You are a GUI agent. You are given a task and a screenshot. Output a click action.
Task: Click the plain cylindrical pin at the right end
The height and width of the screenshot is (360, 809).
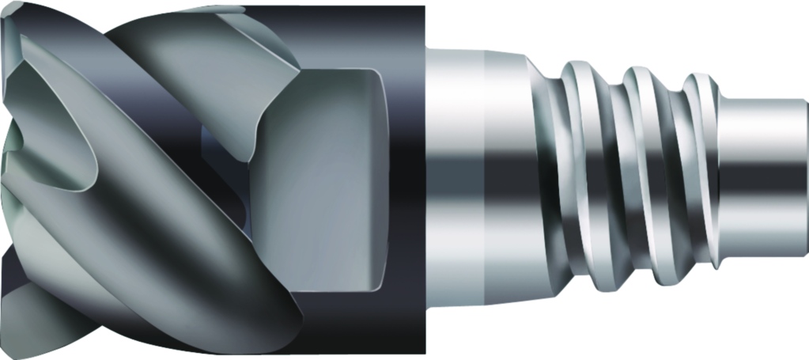(x=763, y=178)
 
